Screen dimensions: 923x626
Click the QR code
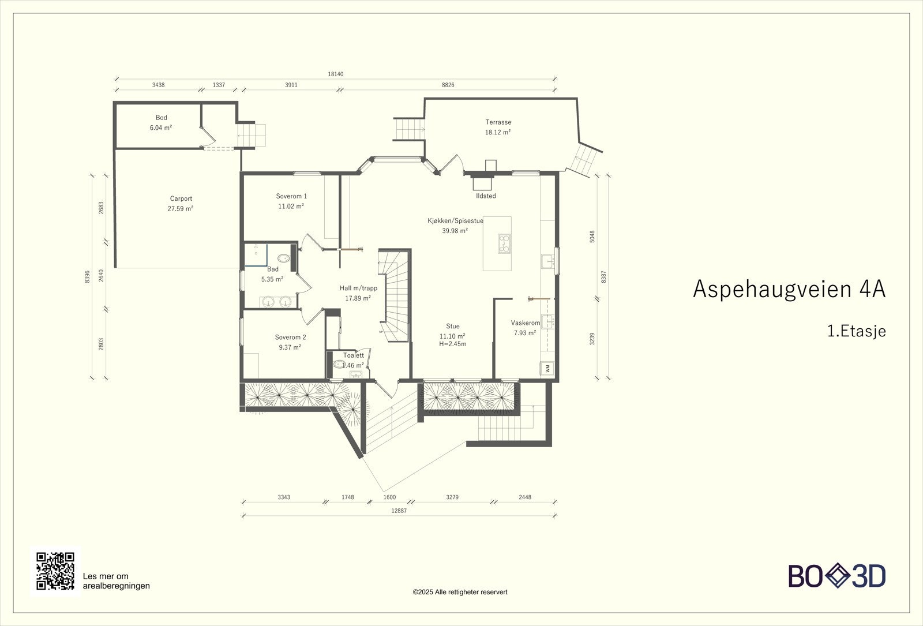point(55,571)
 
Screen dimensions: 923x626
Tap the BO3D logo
point(836,576)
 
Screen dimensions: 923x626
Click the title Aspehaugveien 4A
point(789,289)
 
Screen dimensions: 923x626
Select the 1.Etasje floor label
point(857,331)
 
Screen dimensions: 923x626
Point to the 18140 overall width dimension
point(335,74)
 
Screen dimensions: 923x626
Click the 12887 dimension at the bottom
point(399,511)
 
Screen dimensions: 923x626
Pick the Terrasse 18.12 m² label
point(498,127)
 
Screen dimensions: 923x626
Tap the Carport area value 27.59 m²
point(181,208)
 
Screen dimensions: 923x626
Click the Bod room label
point(161,118)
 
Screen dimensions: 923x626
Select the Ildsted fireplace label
point(486,196)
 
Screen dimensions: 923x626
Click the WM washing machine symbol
point(547,368)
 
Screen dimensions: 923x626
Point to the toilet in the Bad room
point(283,258)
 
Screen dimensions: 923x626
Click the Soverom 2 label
point(291,337)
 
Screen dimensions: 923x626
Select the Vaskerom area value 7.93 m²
point(525,333)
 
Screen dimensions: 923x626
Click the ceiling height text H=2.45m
point(452,344)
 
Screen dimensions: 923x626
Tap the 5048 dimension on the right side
point(592,236)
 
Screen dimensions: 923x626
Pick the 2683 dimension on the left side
point(101,207)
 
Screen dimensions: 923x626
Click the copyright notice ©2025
point(460,592)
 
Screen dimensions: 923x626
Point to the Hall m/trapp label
point(358,288)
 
